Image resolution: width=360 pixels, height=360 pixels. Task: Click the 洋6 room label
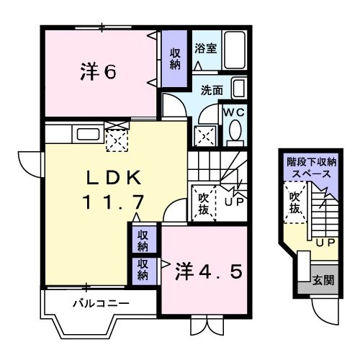97,73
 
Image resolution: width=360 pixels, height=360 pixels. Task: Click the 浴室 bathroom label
205,48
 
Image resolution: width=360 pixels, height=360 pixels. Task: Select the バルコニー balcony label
101,303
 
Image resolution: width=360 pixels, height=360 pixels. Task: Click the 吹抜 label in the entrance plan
294,202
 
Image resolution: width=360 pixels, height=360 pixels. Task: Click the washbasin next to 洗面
239,89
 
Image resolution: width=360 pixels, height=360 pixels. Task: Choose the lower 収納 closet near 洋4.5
143,269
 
